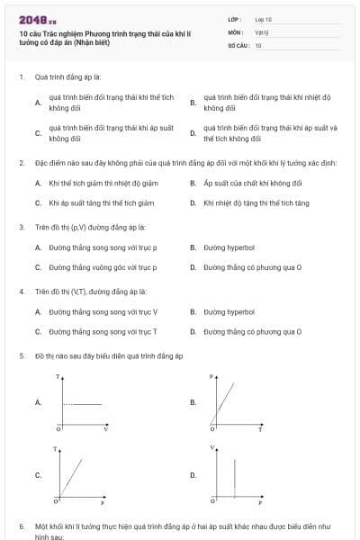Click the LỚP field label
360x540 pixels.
[235, 19]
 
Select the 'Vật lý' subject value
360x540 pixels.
[262, 31]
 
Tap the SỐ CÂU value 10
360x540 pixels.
[258, 44]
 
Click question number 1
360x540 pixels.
[21, 77]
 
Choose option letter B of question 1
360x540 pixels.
[193, 103]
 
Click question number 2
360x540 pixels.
[21, 163]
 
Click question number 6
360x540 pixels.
[21, 525]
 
